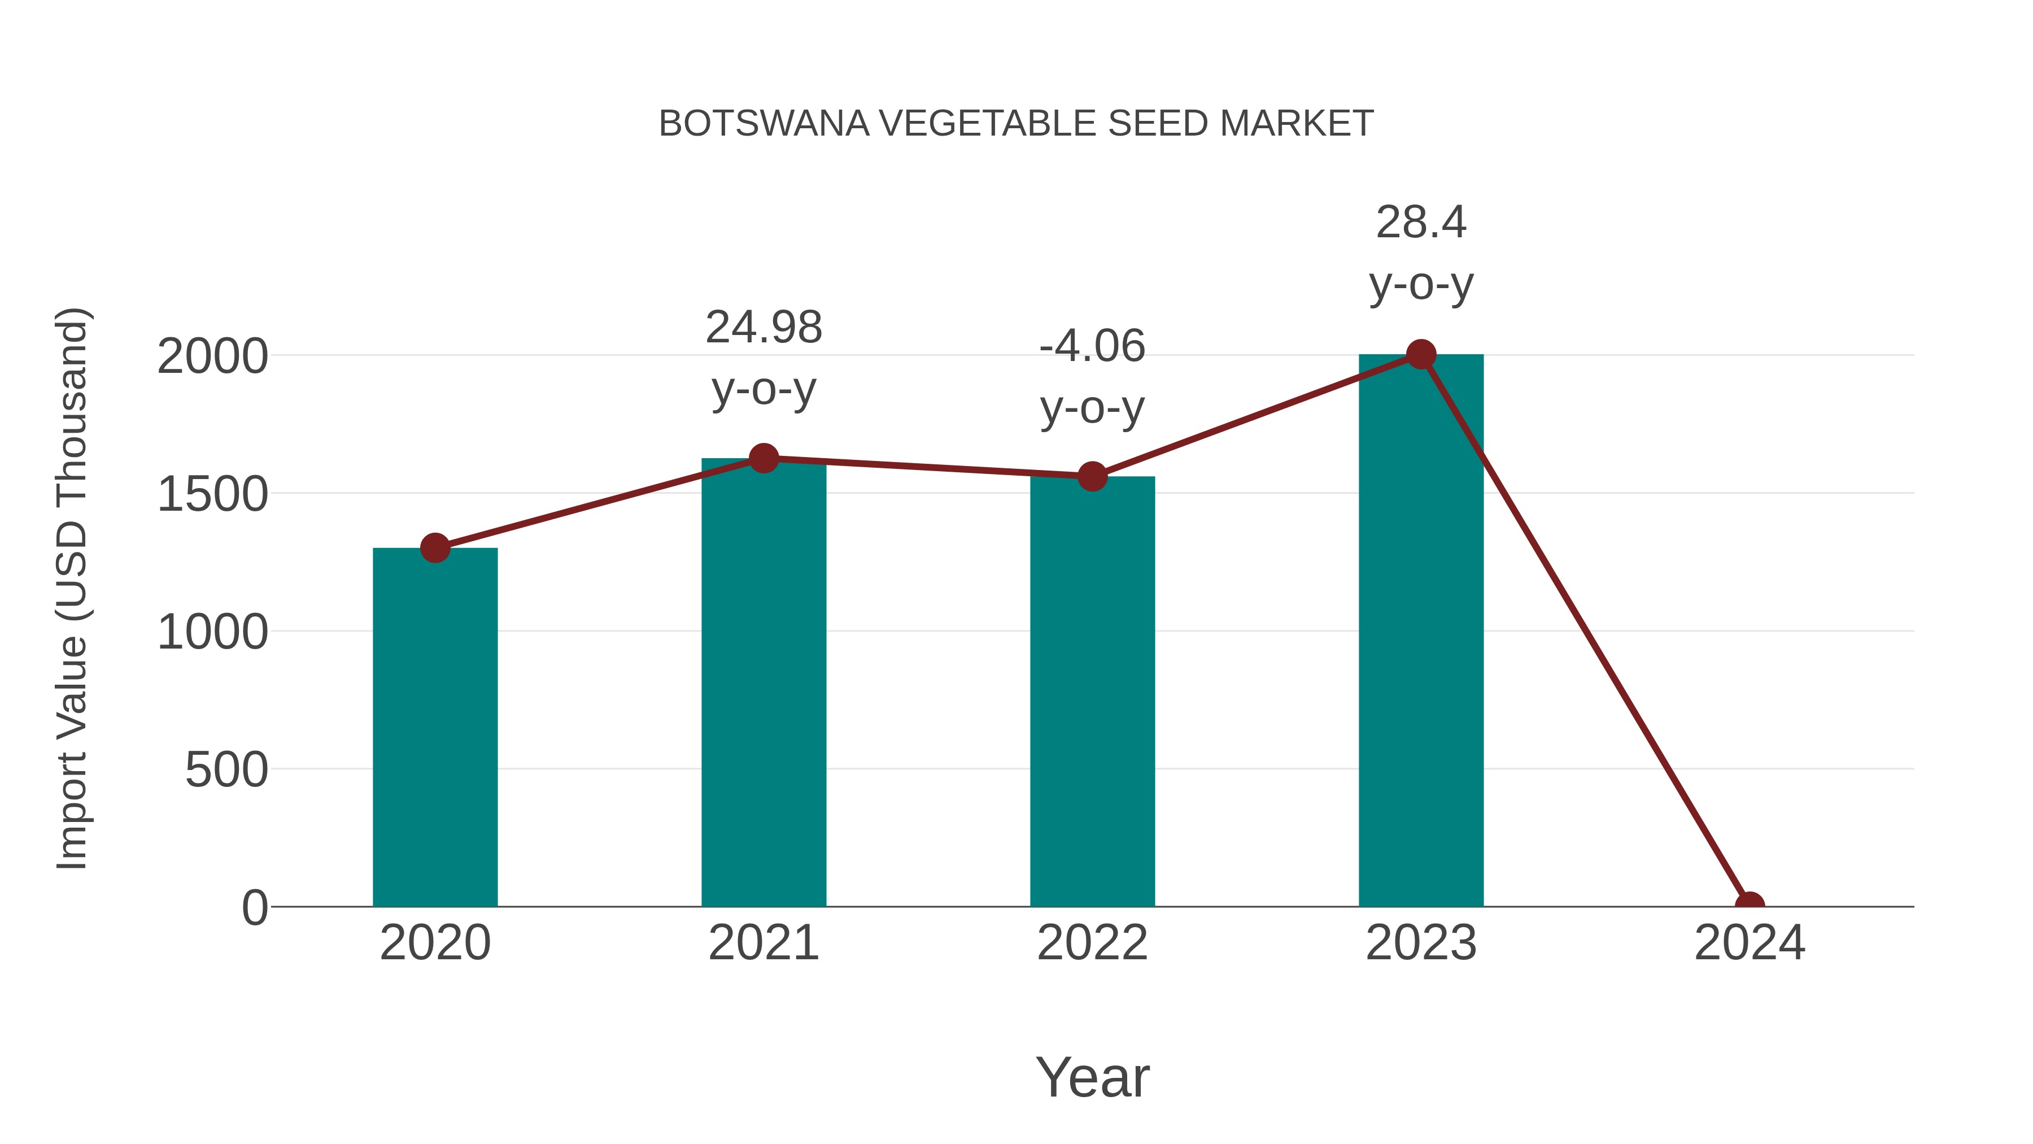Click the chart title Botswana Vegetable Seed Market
tap(1016, 124)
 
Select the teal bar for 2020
tap(435, 727)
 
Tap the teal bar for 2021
tap(763, 683)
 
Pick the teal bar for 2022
tap(1092, 691)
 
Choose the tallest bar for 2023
tap(1421, 632)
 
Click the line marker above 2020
tap(435, 547)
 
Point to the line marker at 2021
tap(763, 458)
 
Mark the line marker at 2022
tap(1092, 476)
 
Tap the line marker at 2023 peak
tap(1421, 354)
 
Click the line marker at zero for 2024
tap(1750, 905)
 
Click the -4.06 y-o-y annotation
tap(1092, 377)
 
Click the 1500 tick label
tap(212, 494)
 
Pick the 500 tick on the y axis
tap(226, 770)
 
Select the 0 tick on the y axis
tap(254, 907)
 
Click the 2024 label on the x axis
tap(1750, 943)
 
